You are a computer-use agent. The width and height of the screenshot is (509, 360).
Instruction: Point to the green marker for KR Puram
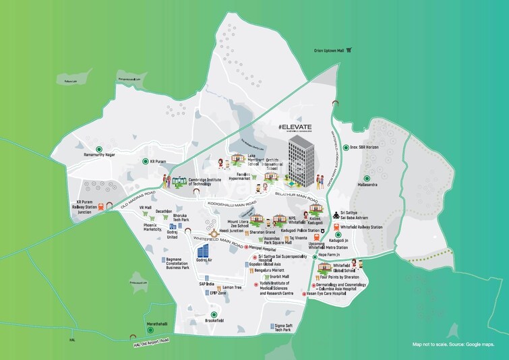pyautogui.click(x=144, y=161)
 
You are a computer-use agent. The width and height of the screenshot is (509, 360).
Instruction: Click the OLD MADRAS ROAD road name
pyautogui.click(x=138, y=196)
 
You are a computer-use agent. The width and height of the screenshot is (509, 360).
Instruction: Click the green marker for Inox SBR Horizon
pyautogui.click(x=345, y=147)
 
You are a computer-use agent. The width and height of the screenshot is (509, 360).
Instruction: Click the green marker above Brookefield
pyautogui.click(x=214, y=314)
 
